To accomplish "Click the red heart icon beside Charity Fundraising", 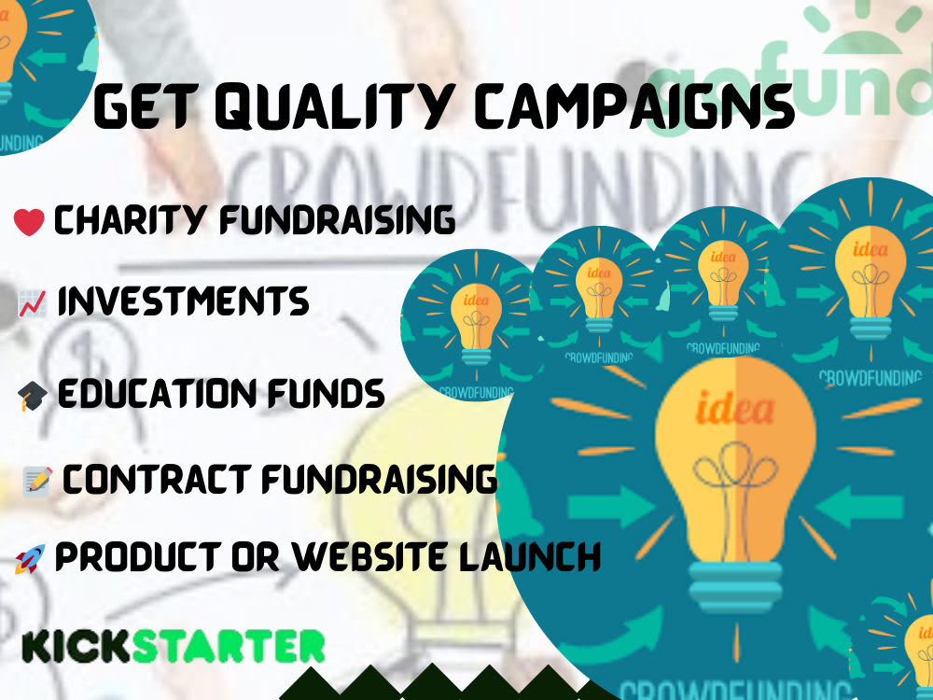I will (x=30, y=222).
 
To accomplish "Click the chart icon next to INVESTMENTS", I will (x=33, y=302).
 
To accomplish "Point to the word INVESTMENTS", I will (x=183, y=301).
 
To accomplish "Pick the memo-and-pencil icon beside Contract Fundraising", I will (x=36, y=481).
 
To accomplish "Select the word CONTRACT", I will (x=156, y=480).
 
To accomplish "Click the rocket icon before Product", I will (x=29, y=560).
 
